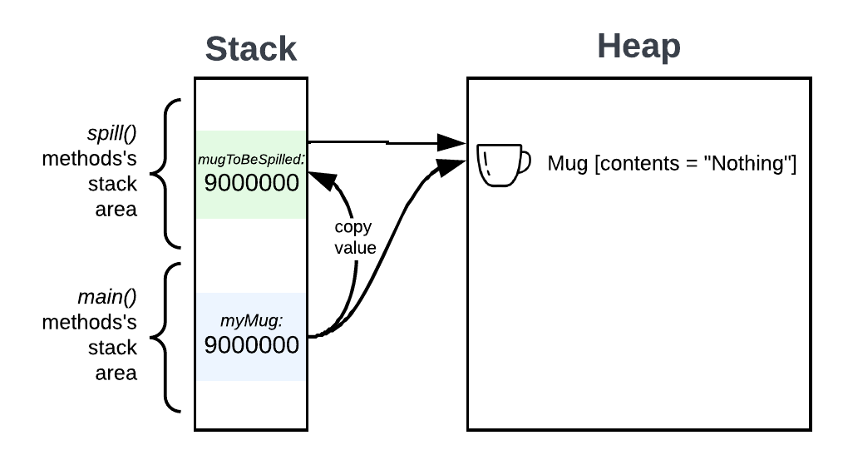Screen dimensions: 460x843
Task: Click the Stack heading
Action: click(x=250, y=49)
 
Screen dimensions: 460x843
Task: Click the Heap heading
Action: click(x=638, y=47)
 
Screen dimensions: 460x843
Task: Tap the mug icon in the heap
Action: click(x=502, y=164)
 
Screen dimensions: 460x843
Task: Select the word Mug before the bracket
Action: click(x=567, y=164)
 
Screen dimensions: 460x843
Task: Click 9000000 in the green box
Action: click(x=251, y=183)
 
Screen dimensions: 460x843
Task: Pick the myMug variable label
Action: click(x=251, y=320)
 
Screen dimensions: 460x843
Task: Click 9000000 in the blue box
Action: click(x=251, y=344)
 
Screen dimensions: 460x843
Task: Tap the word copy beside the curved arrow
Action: click(x=352, y=227)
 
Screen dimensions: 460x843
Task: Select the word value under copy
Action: click(x=356, y=248)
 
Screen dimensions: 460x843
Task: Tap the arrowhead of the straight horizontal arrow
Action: click(x=452, y=143)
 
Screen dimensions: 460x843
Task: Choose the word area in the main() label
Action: click(x=116, y=373)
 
